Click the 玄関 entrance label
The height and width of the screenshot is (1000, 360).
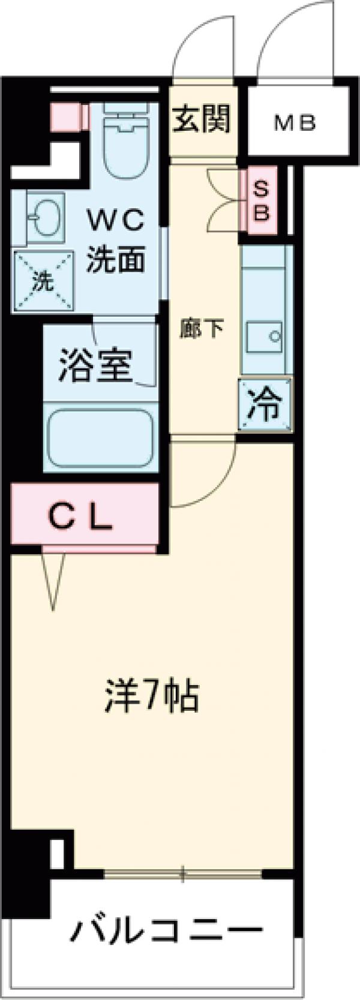coord(202,119)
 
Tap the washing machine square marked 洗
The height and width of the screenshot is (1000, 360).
coord(41,282)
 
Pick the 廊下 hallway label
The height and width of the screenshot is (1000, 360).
coord(202,328)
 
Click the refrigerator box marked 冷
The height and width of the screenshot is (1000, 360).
coord(265,406)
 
